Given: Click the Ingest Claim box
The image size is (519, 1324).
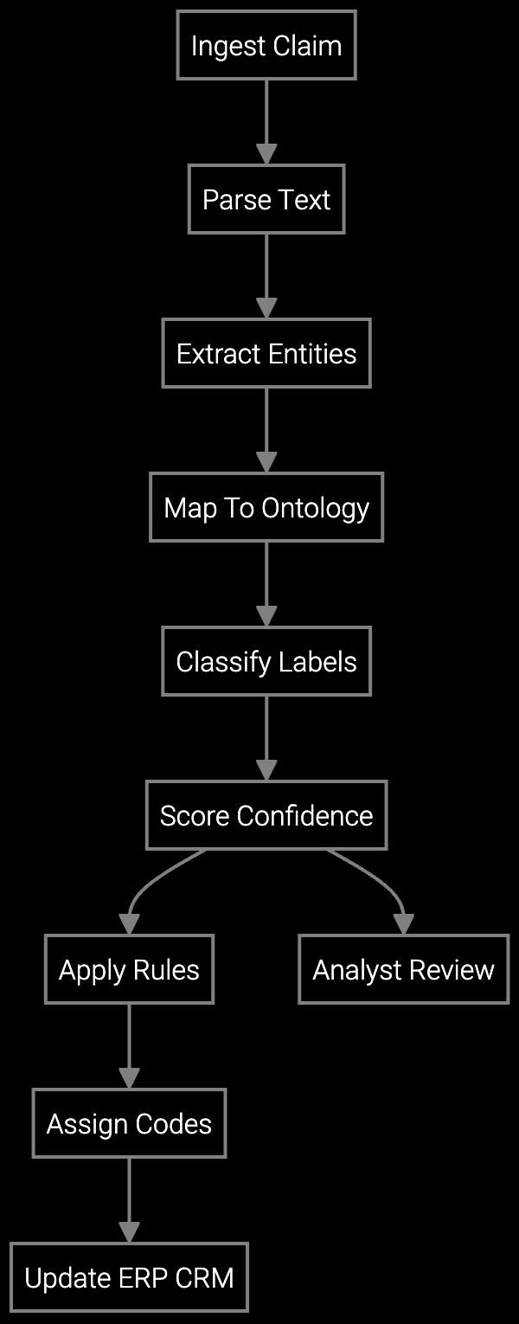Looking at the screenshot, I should click(266, 45).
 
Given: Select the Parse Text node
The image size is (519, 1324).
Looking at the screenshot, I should click(266, 199).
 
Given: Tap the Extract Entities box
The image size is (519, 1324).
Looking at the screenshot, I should click(266, 353).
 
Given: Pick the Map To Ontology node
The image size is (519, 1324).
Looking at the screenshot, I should click(266, 507).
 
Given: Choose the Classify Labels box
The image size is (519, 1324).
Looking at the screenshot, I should click(266, 661).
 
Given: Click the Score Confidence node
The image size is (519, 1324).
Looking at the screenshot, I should click(266, 815).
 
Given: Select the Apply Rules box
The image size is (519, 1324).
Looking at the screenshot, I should click(129, 969).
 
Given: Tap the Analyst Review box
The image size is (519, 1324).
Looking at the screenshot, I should click(403, 969).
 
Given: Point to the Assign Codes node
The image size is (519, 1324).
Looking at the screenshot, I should click(129, 1123).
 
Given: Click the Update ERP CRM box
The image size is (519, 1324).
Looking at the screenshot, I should click(129, 1277).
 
